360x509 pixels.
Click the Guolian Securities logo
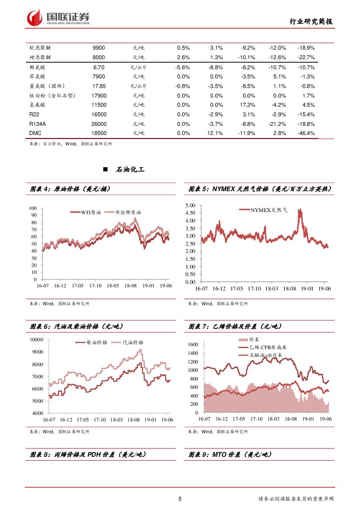pyautogui.click(x=58, y=17)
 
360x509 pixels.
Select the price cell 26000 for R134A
pyautogui.click(x=99, y=124)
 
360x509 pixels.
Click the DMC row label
pyautogui.click(x=35, y=133)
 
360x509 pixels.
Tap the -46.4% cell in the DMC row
pyautogui.click(x=306, y=133)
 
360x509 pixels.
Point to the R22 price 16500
pyautogui.click(x=99, y=115)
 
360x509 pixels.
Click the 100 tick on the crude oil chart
pyautogui.click(x=33, y=209)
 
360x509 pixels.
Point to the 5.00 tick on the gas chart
pyautogui.click(x=190, y=205)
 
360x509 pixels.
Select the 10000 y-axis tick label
pyautogui.click(x=36, y=340)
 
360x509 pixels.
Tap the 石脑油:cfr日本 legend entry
pyautogui.click(x=265, y=355)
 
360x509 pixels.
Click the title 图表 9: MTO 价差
pyautogui.click(x=230, y=455)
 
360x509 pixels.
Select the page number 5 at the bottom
pyautogui.click(x=180, y=499)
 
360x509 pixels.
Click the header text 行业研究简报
pyautogui.click(x=311, y=22)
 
